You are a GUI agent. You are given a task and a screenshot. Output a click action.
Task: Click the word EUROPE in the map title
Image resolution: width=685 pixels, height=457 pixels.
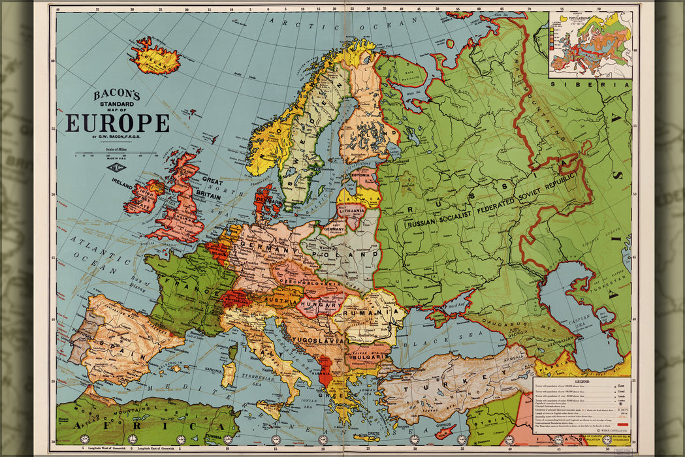coord(117,123)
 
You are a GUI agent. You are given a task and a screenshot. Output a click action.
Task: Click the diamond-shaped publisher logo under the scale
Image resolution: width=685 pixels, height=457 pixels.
coord(116,166)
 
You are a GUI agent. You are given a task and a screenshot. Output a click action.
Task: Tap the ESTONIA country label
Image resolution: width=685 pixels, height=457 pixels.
coord(360,176)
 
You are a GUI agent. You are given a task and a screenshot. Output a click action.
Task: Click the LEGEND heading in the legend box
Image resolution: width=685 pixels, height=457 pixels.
coord(582,381)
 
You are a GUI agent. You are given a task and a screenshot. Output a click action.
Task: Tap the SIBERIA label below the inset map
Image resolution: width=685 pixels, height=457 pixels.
coord(590,84)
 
